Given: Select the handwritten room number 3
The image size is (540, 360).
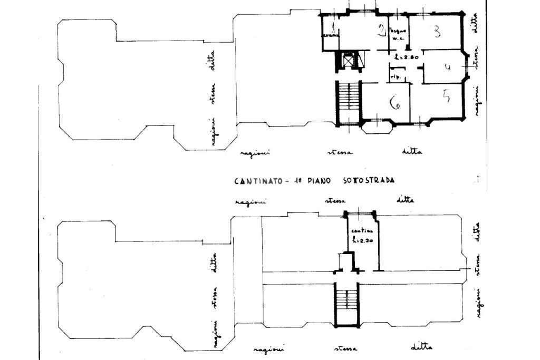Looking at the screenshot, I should click(437, 32).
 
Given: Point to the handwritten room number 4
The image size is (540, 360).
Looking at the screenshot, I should click(448, 67).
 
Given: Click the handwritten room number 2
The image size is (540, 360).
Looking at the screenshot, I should click(381, 30).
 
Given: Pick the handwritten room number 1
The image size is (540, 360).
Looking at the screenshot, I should click(333, 27).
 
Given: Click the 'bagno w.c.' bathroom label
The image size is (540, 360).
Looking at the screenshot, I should click(397, 33).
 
